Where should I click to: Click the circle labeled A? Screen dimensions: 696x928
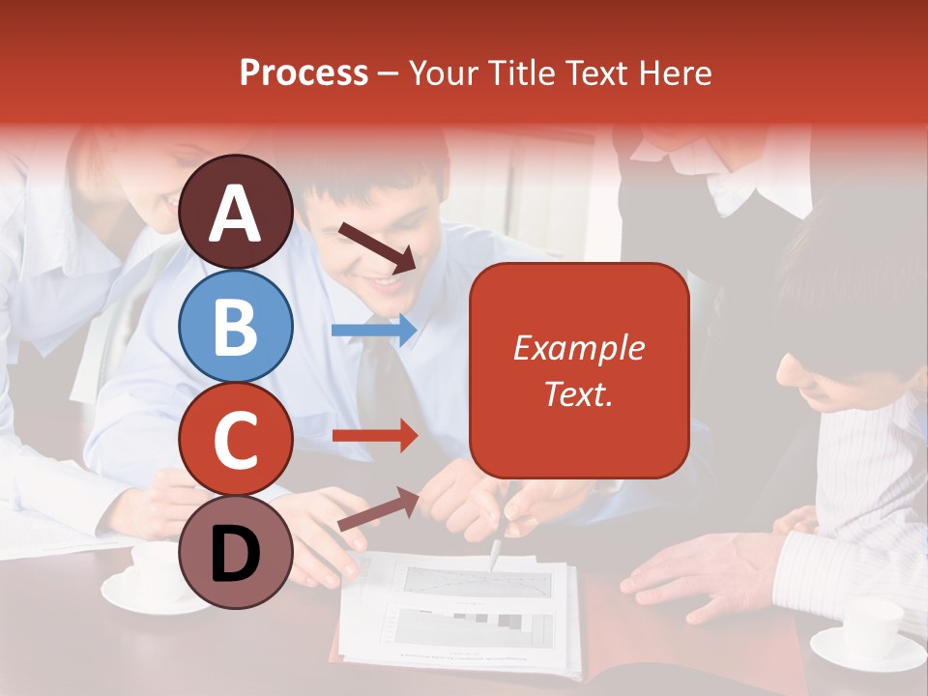(236, 212)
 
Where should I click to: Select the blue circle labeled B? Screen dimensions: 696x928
(236, 327)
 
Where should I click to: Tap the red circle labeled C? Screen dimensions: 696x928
(236, 440)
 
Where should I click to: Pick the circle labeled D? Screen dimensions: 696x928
(236, 552)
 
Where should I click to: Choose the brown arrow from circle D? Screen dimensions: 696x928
(378, 509)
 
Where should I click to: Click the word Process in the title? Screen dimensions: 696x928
(304, 72)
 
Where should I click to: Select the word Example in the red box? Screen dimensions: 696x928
(578, 349)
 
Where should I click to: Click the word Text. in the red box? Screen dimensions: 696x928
(578, 393)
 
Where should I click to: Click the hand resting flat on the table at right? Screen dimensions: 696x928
(696, 574)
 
